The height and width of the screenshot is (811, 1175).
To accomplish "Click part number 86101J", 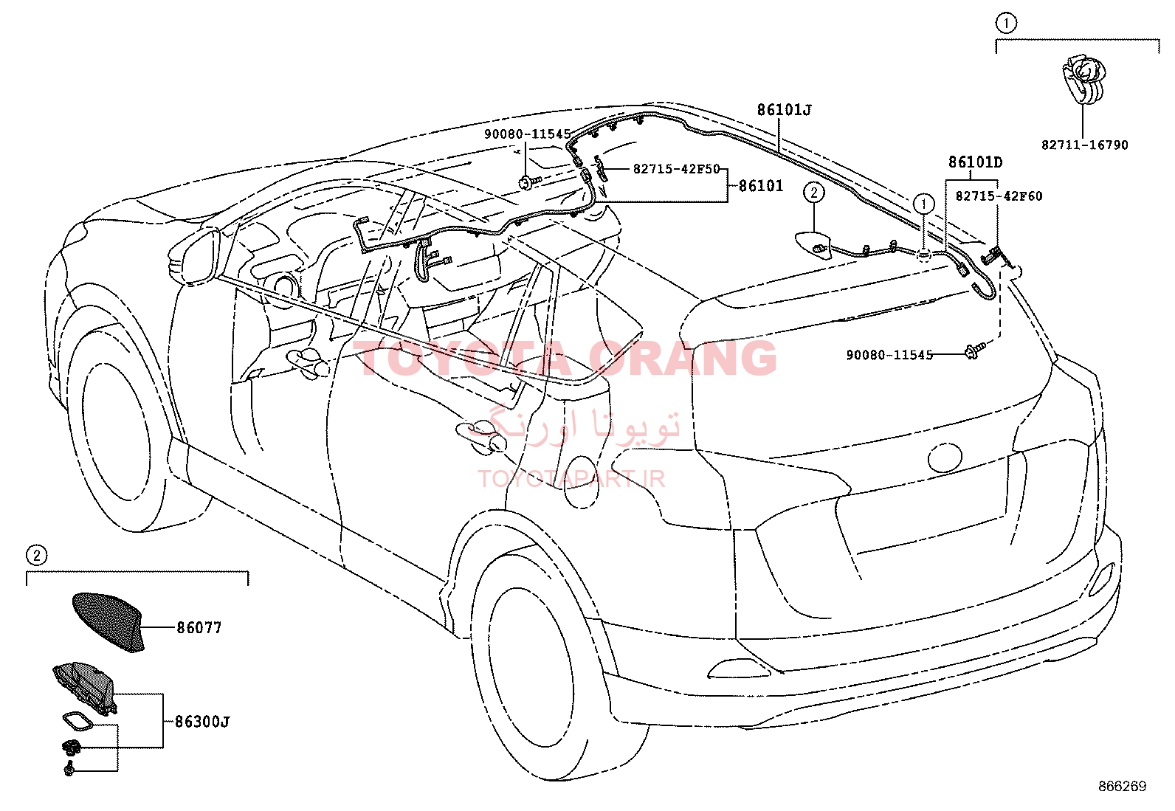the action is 784,110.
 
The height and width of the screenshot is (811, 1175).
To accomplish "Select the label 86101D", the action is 975,162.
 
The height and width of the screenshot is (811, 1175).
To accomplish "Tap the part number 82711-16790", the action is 1084,145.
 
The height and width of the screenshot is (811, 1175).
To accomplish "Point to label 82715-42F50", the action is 676,169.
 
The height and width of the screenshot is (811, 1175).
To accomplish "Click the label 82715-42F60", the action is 999,196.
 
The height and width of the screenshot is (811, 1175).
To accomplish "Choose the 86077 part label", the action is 199,627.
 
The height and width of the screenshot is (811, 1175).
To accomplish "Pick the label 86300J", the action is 202,722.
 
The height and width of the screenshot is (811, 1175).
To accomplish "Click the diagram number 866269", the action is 1123,787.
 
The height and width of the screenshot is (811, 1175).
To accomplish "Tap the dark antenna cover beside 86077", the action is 108,621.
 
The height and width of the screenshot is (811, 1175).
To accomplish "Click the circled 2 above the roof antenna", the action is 813,193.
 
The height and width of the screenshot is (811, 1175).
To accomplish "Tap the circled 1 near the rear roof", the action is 924,204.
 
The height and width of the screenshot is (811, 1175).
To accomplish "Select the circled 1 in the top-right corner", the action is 1005,23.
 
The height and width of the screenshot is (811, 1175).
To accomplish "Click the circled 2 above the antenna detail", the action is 36,555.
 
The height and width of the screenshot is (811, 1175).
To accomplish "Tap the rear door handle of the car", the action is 480,436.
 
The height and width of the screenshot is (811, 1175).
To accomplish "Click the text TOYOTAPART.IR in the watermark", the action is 571,478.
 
